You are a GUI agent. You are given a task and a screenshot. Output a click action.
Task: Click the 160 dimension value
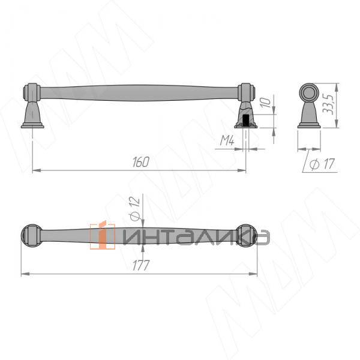pyautogui.click(x=141, y=162)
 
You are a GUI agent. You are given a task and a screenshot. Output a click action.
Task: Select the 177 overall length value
pyautogui.click(x=141, y=265)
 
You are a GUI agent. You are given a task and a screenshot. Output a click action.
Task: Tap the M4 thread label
pyautogui.click(x=227, y=140)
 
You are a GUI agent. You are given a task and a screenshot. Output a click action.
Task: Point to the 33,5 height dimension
pyautogui.click(x=328, y=104)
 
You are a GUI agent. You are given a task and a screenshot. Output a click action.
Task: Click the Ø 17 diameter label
pyautogui.click(x=322, y=164)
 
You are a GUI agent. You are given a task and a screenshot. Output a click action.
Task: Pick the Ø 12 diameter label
pyautogui.click(x=135, y=208)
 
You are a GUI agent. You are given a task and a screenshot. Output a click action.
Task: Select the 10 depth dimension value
pyautogui.click(x=265, y=103)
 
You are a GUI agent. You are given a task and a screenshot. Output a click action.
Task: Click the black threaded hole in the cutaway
pyautogui.click(x=245, y=121)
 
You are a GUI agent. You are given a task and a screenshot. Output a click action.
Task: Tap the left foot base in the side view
pyautogui.click(x=32, y=126)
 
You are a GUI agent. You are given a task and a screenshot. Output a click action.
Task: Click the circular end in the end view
pyautogui.click(x=309, y=93)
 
